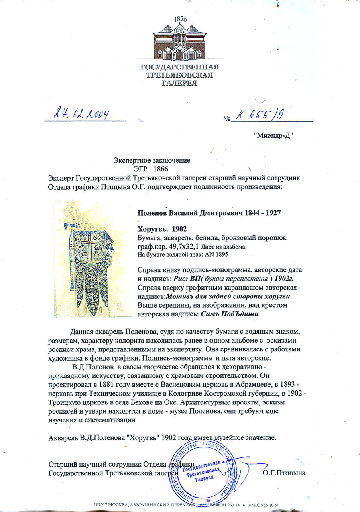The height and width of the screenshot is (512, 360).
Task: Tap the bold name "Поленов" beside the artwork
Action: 153,213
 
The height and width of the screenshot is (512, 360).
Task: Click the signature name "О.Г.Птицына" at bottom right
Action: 284,473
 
